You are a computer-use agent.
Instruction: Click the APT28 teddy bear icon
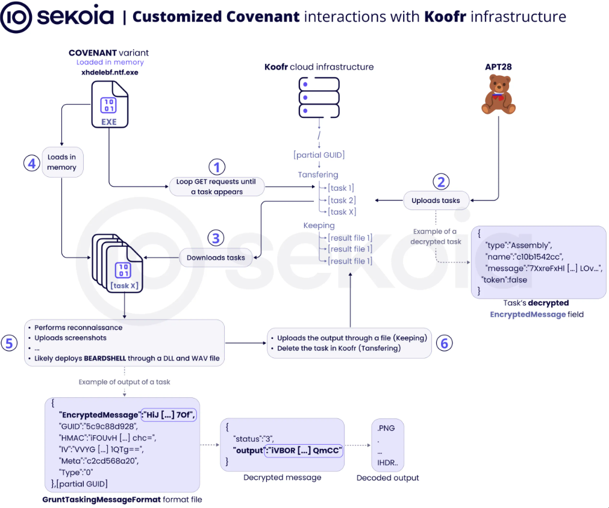[498, 94]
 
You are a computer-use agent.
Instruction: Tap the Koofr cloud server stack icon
[319, 98]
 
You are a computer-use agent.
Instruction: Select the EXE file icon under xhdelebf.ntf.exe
[110, 104]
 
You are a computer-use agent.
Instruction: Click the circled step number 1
[217, 167]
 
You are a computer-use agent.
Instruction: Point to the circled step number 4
[31, 163]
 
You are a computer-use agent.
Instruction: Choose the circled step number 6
[445, 343]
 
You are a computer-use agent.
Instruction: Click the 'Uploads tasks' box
[436, 200]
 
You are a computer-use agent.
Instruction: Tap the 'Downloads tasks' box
[216, 258]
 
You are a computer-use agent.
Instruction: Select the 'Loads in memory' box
[62, 163]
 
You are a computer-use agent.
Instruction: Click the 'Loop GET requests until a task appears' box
[216, 187]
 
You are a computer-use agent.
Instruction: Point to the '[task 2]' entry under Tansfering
[342, 200]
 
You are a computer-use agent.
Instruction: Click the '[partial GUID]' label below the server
[319, 155]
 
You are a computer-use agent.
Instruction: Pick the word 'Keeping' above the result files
[319, 226]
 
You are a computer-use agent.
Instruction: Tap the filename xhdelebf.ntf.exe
[110, 72]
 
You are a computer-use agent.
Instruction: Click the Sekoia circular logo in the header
[16, 17]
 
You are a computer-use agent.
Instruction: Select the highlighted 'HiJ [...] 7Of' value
[169, 415]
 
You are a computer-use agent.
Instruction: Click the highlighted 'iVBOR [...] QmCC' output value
[304, 451]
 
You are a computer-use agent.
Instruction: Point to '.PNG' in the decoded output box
[386, 428]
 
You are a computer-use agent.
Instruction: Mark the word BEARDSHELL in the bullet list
[105, 358]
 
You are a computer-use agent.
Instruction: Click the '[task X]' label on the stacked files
[124, 286]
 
